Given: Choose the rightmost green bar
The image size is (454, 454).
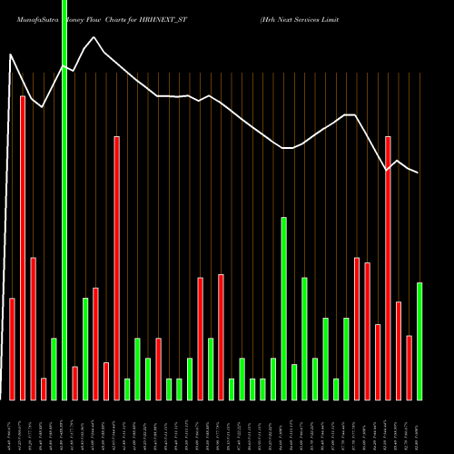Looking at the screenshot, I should tap(419, 341).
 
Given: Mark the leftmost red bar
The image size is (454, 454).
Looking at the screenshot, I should tap(12, 349).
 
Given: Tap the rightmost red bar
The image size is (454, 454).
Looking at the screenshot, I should tap(410, 368).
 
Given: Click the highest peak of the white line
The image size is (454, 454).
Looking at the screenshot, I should tap(11, 54).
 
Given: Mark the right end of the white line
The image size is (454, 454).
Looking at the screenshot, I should tap(419, 173).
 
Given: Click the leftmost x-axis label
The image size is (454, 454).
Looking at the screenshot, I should tap(12, 426).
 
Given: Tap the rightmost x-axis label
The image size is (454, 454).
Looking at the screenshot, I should tap(419, 426).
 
